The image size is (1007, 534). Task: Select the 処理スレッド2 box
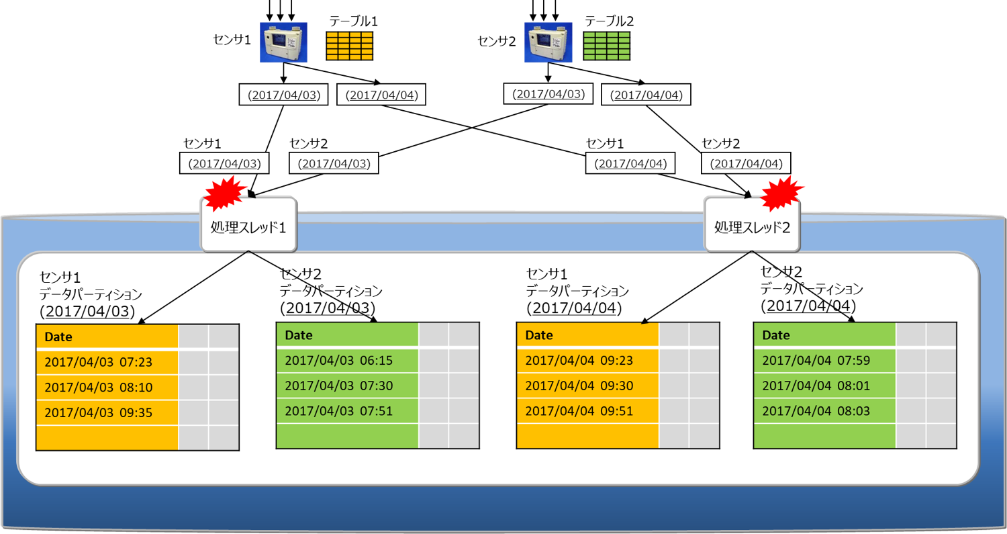pyautogui.click(x=751, y=225)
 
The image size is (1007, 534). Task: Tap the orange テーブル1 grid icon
pyautogui.click(x=349, y=46)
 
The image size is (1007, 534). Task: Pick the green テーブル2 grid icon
pyautogui.click(x=606, y=46)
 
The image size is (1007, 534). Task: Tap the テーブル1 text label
pyautogui.click(x=353, y=21)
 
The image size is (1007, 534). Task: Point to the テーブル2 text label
pyautogui.click(x=610, y=21)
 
